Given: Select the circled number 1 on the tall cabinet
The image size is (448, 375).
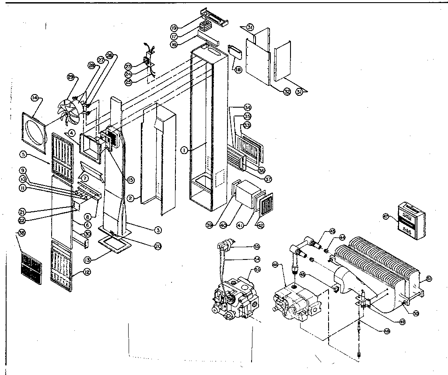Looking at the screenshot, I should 185,150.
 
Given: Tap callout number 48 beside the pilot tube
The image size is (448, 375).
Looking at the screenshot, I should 386,331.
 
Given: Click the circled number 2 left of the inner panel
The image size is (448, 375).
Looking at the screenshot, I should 129,198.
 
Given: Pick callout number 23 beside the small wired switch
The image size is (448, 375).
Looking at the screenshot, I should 128,66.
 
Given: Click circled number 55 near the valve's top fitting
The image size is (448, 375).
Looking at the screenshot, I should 257,246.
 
